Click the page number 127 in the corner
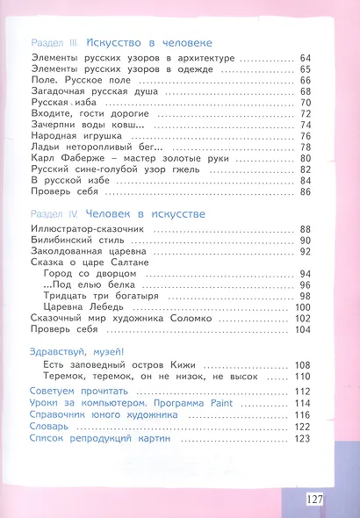click(x=316, y=499)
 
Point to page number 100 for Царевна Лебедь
click(x=304, y=306)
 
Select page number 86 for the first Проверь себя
click(x=306, y=191)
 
